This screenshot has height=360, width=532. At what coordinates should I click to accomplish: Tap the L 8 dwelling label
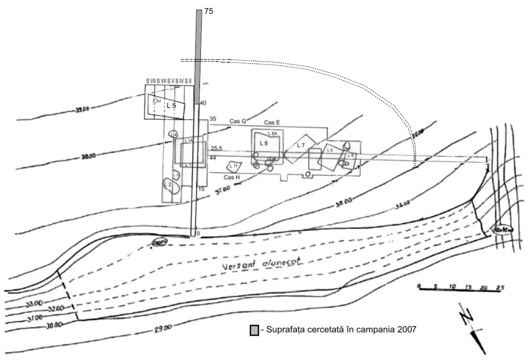coord(263,143)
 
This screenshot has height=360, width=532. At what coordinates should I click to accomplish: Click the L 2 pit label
coord(168,184)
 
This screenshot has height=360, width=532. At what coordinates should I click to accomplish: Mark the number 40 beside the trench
coord(203,103)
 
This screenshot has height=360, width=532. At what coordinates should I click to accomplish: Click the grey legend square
coord(254,330)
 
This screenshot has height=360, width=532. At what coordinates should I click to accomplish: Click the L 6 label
coord(330,150)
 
